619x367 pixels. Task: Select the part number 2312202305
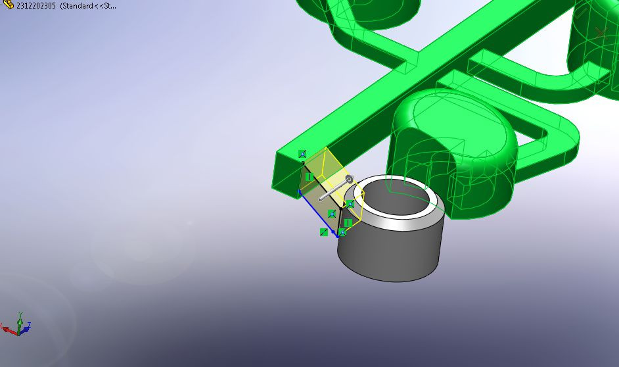(x=35, y=5)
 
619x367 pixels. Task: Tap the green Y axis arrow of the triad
(x=20, y=316)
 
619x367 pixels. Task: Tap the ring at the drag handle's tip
(x=349, y=179)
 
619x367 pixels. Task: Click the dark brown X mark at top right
(x=599, y=32)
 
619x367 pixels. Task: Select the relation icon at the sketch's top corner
(x=302, y=154)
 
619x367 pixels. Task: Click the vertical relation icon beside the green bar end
(x=308, y=177)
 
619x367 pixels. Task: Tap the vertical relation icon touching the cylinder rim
(x=348, y=223)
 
